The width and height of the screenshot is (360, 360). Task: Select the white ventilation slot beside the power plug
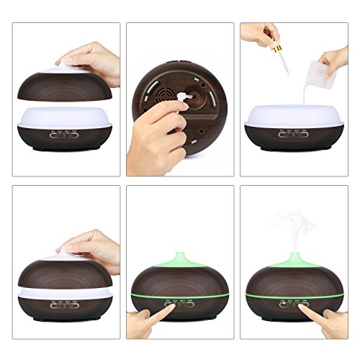pos(155,83)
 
